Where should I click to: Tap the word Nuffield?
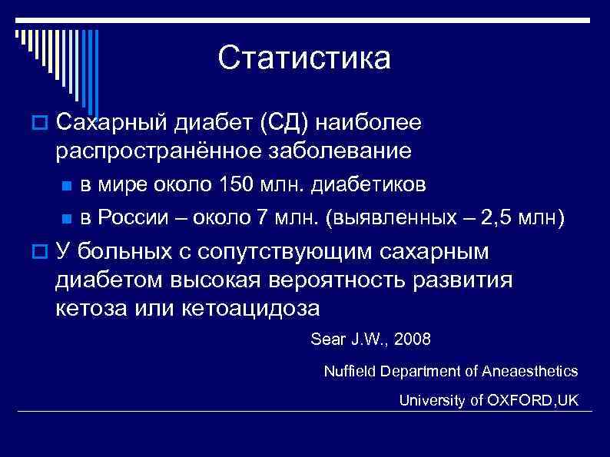point(347,371)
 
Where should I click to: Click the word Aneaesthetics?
point(530,371)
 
